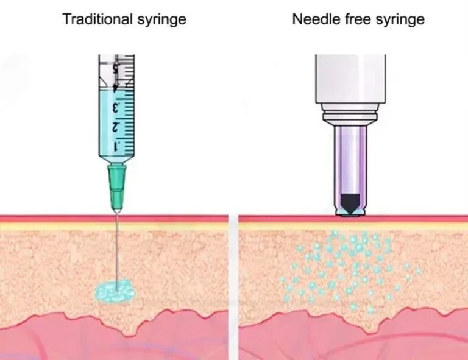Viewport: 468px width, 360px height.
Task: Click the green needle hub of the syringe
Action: [x=115, y=183]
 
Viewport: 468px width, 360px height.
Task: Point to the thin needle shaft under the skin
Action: [x=115, y=250]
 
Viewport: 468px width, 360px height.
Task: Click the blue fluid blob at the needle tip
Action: [x=114, y=292]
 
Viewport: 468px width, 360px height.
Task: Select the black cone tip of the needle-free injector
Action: [x=350, y=203]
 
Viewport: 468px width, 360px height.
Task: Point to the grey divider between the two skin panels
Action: [x=232, y=274]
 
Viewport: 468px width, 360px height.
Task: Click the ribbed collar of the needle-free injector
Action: [x=349, y=115]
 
